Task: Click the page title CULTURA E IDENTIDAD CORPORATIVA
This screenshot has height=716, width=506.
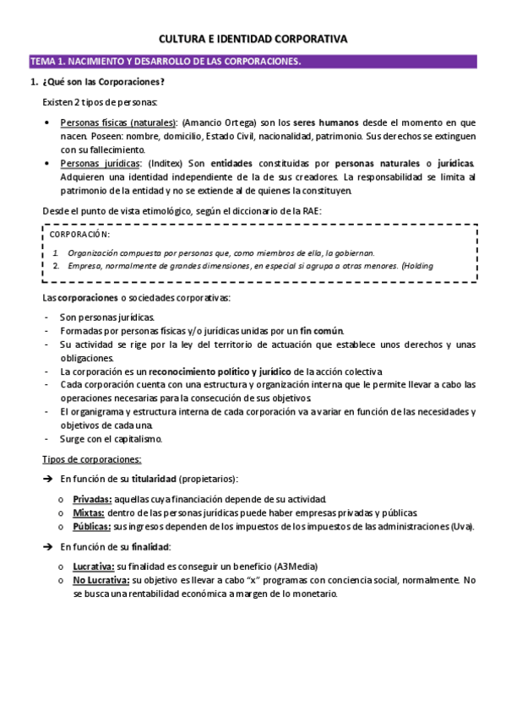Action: tap(253, 39)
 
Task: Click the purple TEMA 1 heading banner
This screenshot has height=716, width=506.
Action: tap(253, 62)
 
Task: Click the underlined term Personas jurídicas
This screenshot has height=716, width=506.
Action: tap(101, 163)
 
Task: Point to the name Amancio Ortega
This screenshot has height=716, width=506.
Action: tap(215, 122)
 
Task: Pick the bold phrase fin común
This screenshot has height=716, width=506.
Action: tap(321, 330)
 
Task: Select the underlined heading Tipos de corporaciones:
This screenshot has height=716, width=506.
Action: tap(92, 459)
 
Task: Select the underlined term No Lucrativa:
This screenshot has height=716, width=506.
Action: tap(101, 580)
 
